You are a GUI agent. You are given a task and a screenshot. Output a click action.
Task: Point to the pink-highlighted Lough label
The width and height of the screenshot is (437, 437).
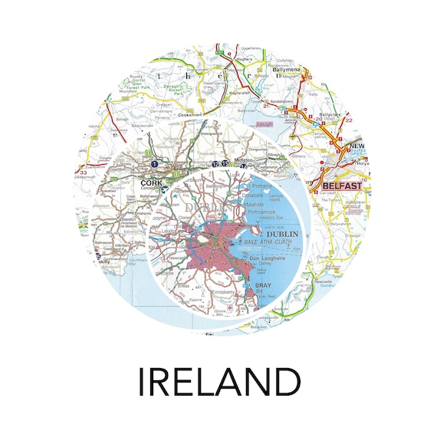coord(264,123)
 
